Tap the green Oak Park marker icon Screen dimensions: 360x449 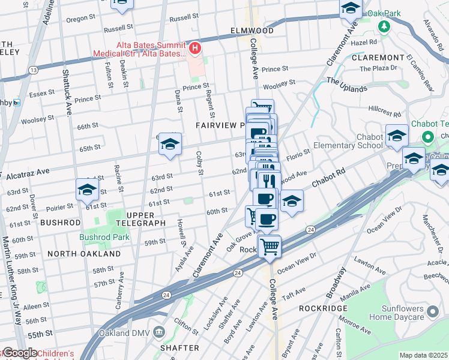tap(384, 27)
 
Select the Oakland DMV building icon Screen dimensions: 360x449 tap(159, 332)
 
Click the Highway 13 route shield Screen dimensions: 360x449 tap(32, 71)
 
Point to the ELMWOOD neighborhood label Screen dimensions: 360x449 tap(252, 31)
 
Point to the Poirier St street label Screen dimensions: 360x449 tap(61, 205)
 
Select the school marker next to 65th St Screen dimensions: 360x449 tap(170, 144)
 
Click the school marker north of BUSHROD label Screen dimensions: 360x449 tap(87, 190)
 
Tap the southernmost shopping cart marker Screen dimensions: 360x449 tap(270, 245)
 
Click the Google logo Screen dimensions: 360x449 tap(19, 353)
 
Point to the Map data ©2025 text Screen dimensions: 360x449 tap(423, 355)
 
